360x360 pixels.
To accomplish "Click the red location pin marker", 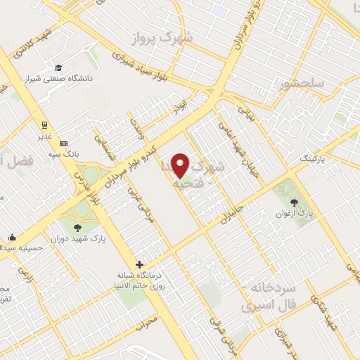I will click(181, 165).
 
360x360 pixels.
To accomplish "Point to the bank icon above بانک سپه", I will click(63, 143).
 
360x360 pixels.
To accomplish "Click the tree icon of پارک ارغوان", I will click(304, 202).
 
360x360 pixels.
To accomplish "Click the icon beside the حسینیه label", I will click(13, 237).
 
